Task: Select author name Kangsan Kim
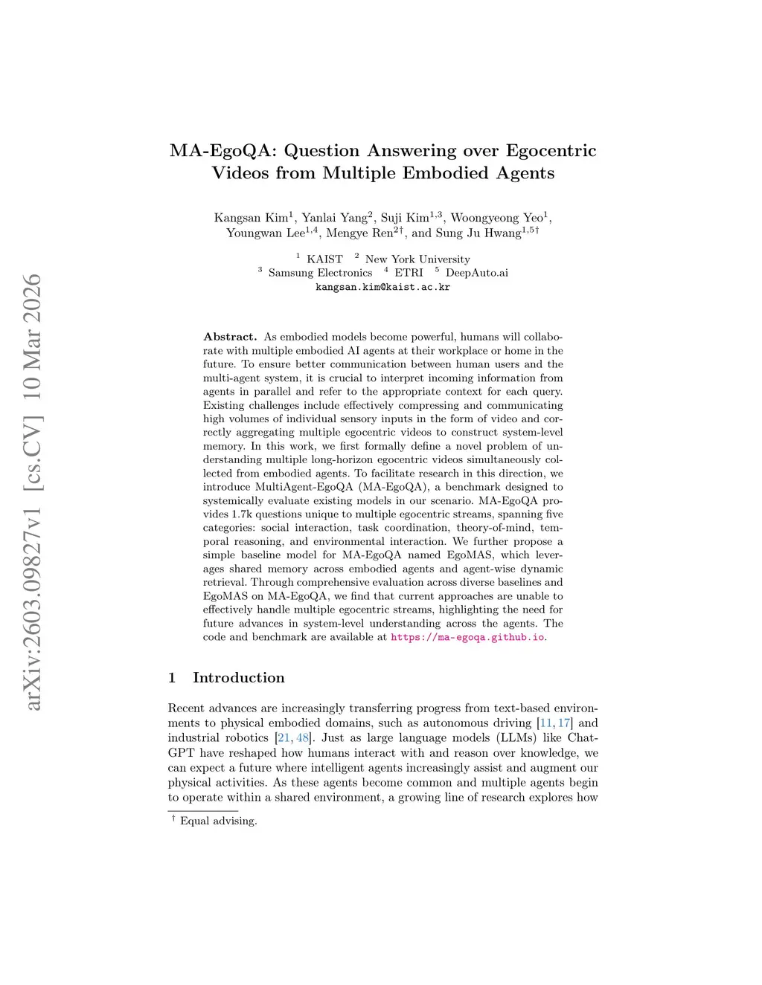coord(251,218)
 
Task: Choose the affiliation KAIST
coord(324,259)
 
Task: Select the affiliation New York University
coord(417,259)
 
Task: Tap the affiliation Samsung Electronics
coord(320,273)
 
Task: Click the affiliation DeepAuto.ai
coord(476,273)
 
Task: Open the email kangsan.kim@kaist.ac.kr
coord(382,287)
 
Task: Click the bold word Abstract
coord(230,337)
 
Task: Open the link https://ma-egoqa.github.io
coord(467,637)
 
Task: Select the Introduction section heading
coord(238,677)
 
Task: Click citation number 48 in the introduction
coord(303,738)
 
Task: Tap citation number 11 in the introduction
coord(545,723)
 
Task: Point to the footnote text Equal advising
coord(218,821)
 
